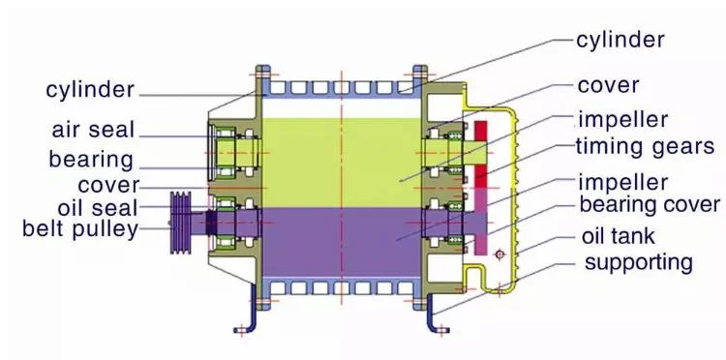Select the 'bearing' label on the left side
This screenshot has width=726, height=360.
tap(91, 158)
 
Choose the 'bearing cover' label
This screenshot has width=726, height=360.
tap(650, 204)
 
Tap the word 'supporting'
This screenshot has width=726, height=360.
tap(639, 261)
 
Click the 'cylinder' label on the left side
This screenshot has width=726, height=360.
tap(90, 90)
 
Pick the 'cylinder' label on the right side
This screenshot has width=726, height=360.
tap(620, 40)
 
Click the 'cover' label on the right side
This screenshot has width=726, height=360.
tap(608, 85)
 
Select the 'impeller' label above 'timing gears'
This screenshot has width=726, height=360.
tap(622, 120)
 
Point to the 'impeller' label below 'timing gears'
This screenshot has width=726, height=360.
tap(622, 181)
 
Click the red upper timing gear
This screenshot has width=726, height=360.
tap(481, 145)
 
